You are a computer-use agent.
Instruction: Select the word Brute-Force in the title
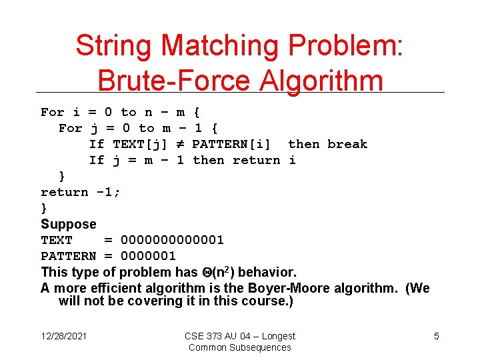(173, 81)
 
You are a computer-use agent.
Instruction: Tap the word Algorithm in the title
(319, 81)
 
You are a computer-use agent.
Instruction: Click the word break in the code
(347, 144)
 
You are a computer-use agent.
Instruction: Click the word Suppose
(68, 224)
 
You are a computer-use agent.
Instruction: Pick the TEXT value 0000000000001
(172, 240)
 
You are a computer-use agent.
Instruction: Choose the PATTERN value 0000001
(148, 256)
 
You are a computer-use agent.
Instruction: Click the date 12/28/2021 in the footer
(65, 336)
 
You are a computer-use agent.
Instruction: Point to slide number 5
(437, 336)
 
